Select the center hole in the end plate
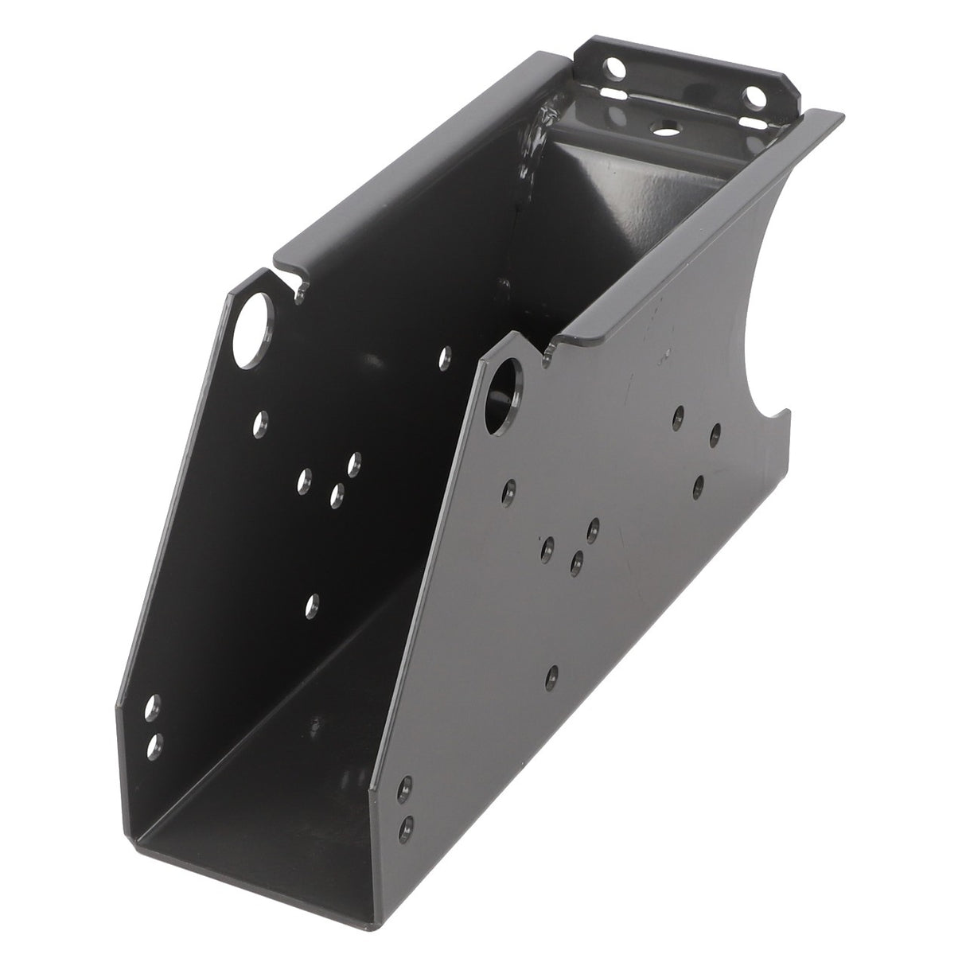[663, 127]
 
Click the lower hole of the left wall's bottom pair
[154, 743]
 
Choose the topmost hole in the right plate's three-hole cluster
[593, 527]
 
